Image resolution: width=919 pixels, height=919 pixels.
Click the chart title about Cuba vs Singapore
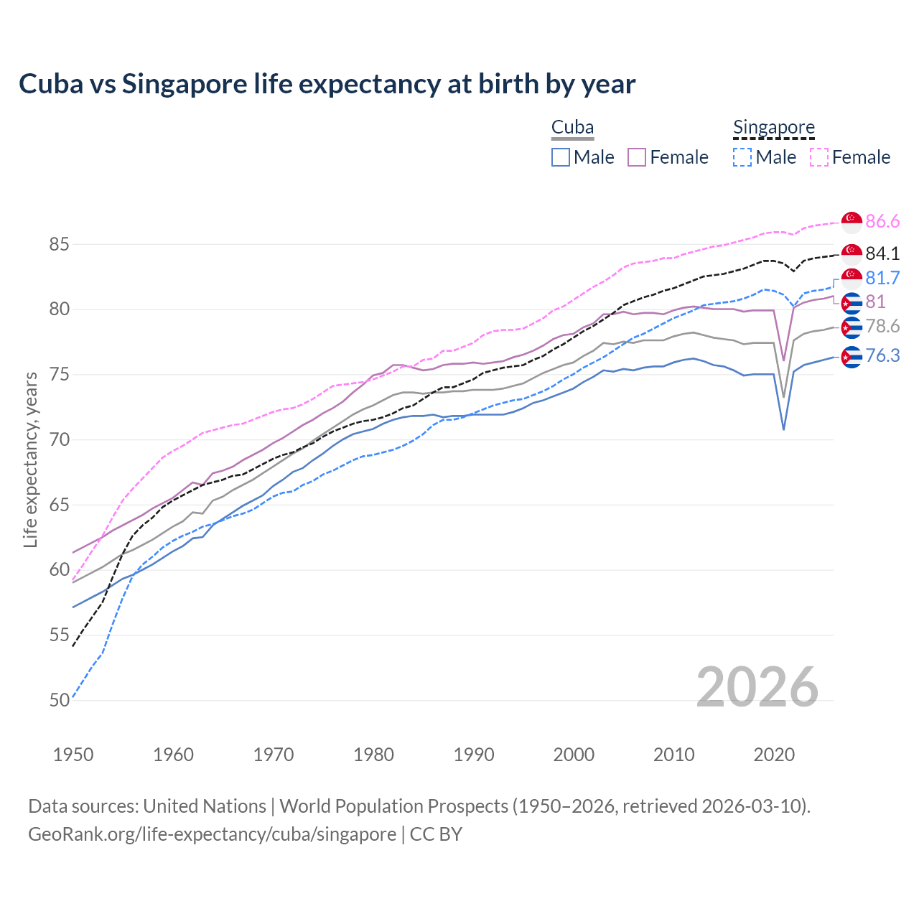pyautogui.click(x=327, y=84)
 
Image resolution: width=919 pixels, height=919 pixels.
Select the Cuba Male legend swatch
pyautogui.click(x=561, y=157)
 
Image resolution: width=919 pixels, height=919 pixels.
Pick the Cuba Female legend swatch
pyautogui.click(x=637, y=157)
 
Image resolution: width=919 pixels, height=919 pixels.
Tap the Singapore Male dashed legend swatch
pyautogui.click(x=742, y=157)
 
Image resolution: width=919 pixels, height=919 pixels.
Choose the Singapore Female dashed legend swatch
pyautogui.click(x=819, y=157)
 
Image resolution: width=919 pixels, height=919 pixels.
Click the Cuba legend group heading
pyautogui.click(x=572, y=127)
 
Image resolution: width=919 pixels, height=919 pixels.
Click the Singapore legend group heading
pyautogui.click(x=773, y=127)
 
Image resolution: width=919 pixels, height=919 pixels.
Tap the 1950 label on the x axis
pyautogui.click(x=73, y=755)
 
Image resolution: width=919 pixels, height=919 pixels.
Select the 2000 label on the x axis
pyautogui.click(x=574, y=755)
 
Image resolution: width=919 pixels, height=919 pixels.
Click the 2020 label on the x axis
pyautogui.click(x=774, y=755)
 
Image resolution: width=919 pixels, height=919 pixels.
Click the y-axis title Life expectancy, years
pyautogui.click(x=30, y=459)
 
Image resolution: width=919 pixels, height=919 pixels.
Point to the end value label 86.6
pyautogui.click(x=882, y=221)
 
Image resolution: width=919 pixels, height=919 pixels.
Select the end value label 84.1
pyautogui.click(x=882, y=253)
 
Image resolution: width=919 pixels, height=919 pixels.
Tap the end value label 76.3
pyautogui.click(x=882, y=355)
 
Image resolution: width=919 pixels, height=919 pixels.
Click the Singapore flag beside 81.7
pyautogui.click(x=852, y=278)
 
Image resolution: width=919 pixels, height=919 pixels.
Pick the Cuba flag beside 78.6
pyautogui.click(x=852, y=327)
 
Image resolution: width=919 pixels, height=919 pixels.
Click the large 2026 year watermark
pyautogui.click(x=757, y=687)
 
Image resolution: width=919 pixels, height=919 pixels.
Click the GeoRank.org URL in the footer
pyautogui.click(x=212, y=834)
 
